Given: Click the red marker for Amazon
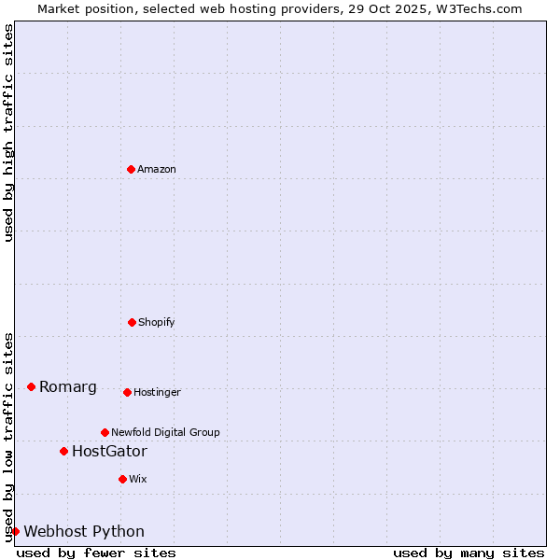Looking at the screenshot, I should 131,169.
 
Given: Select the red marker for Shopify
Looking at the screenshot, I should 132,322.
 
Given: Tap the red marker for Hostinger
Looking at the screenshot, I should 127,392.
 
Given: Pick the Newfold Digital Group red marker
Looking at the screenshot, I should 105,432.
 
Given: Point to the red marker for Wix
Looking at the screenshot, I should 122,479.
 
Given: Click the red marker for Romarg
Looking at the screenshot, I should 31,386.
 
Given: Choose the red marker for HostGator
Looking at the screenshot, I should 63,451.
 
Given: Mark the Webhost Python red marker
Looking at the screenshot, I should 15,531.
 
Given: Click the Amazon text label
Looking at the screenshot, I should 157,169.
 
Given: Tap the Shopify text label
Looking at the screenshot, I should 157,322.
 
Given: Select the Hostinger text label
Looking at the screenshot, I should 157,392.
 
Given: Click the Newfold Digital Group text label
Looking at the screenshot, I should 165,432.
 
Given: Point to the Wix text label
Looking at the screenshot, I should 138,479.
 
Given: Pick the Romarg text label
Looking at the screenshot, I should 68,387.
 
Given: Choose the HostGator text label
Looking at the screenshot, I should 109,452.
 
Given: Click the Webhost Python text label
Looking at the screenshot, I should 84,532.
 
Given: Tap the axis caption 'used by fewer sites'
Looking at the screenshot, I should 96,553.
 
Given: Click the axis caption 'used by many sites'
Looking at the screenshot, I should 469,553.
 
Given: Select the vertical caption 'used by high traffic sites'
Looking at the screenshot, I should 8,133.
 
